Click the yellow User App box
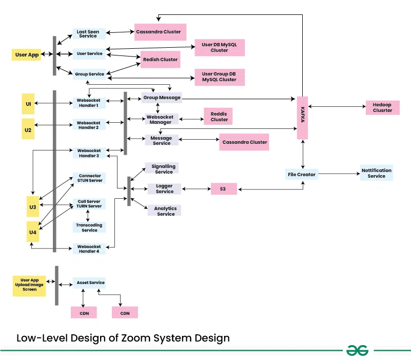[27, 54]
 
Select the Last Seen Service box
[88, 33]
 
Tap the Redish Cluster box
[161, 60]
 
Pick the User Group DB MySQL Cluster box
[219, 77]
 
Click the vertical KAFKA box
[302, 118]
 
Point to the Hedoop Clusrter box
[382, 107]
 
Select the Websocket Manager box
[161, 119]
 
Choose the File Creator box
[301, 175]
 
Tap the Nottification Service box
[376, 173]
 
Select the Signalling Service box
[164, 169]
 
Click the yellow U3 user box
[33, 206]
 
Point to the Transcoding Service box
[89, 228]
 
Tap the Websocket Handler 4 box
[89, 249]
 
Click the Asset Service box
[90, 282]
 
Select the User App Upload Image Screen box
[29, 285]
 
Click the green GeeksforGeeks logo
[357, 350]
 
